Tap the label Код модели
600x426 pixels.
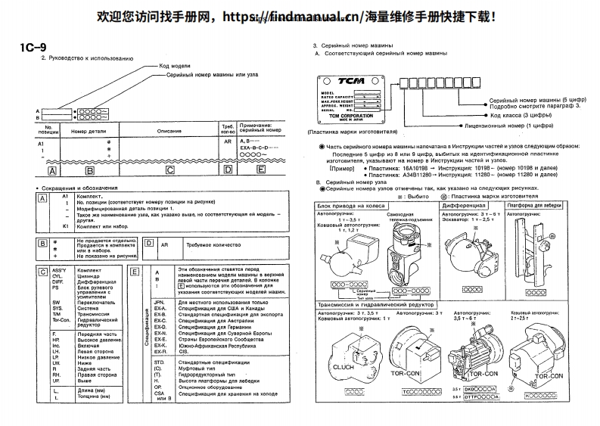coord(175,65)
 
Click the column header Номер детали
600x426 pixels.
coord(84,130)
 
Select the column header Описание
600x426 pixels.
coord(169,130)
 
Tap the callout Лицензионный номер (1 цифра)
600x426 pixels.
coord(505,126)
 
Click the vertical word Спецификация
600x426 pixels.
coord(144,331)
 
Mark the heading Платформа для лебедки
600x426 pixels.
coord(539,205)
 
